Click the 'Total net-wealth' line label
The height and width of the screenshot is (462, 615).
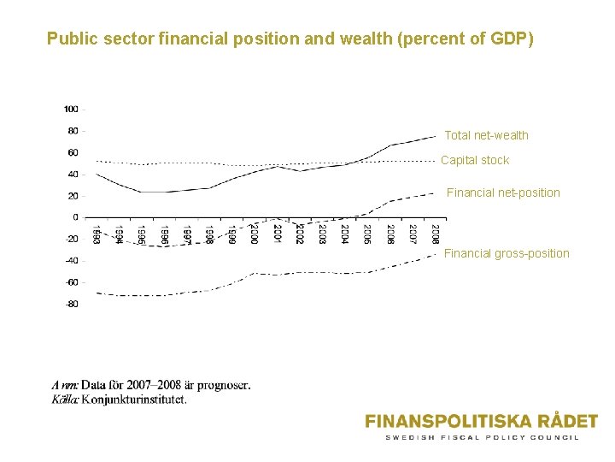coord(486,135)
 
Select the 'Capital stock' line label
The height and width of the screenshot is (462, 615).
coord(474,160)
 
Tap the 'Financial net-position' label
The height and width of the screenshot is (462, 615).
coord(503,192)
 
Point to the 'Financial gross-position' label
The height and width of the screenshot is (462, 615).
coord(507,253)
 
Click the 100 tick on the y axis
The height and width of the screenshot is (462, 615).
coord(70,110)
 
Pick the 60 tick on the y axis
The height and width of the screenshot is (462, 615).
coord(73,152)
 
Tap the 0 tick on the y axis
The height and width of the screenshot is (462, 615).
coord(75,217)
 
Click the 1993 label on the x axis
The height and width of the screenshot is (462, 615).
coord(97,234)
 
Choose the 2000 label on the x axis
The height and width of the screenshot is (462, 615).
coord(254,234)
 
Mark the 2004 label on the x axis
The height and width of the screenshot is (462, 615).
coord(344,234)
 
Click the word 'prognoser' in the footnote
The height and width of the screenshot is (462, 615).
coord(224,385)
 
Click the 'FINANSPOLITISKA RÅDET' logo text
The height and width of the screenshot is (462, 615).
coord(481,421)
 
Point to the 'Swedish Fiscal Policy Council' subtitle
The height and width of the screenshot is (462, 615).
coord(482,437)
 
